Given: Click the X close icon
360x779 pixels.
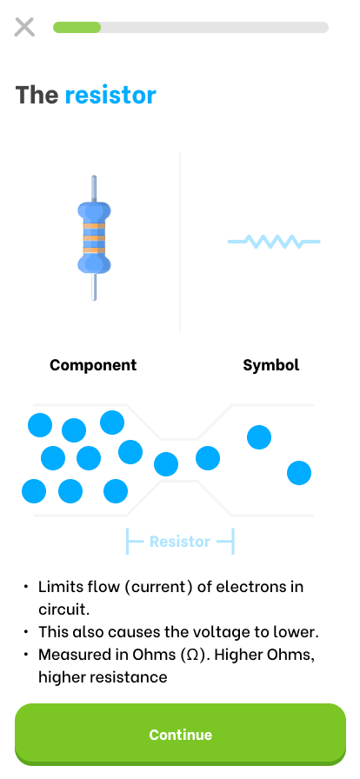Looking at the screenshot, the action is tap(24, 27).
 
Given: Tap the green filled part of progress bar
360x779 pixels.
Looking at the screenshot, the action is tap(77, 27).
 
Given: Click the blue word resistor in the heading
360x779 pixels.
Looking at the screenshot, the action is tap(110, 95).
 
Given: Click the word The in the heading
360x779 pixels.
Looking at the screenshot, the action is tap(37, 95).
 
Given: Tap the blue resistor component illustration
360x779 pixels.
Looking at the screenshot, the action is tap(94, 238).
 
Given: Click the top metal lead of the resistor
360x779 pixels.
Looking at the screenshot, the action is tap(94, 189).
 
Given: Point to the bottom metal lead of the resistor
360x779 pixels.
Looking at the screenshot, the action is tap(94, 287).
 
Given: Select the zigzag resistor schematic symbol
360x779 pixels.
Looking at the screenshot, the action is tap(274, 242).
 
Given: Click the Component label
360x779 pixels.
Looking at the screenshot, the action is tap(93, 365).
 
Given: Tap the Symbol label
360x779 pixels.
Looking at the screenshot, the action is tap(271, 365).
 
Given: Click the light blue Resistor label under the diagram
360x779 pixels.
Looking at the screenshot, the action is tap(180, 541).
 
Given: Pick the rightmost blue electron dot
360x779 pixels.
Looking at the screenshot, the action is tap(299, 473).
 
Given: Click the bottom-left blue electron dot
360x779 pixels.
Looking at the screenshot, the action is tap(34, 491).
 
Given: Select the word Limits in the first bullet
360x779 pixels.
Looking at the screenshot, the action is tap(60, 587).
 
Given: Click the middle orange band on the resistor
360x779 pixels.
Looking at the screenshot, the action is tap(94, 238).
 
